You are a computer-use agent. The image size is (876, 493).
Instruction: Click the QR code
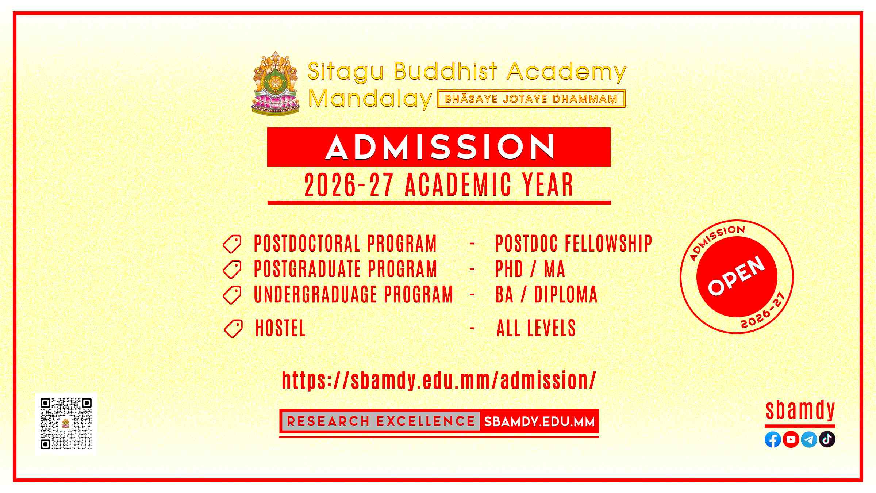click(66, 424)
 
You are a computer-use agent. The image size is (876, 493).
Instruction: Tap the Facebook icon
click(773, 440)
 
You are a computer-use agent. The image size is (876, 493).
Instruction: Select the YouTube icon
click(791, 440)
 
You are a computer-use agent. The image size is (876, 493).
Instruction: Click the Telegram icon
click(809, 440)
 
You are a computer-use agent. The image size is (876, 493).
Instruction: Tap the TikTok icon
click(827, 440)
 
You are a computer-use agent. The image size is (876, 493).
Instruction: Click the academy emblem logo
click(276, 83)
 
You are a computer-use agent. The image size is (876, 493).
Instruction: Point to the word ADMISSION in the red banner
click(440, 147)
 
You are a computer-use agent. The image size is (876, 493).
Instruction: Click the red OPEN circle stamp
click(737, 276)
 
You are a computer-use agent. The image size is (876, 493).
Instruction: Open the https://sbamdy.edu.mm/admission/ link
click(439, 381)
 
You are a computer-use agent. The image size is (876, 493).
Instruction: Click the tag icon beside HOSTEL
click(233, 329)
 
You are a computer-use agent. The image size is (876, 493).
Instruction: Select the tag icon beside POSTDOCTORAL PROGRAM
click(232, 244)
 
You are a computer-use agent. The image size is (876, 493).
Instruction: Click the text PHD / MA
click(530, 269)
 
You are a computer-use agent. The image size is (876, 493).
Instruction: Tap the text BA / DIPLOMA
click(546, 295)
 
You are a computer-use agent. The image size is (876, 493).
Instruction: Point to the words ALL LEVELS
click(536, 328)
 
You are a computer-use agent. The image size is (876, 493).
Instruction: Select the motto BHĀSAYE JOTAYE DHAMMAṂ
click(531, 99)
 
